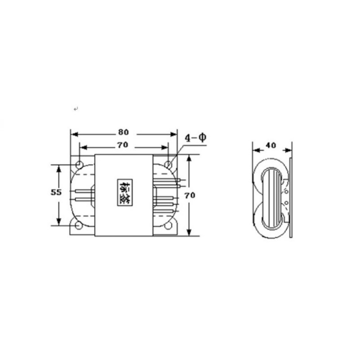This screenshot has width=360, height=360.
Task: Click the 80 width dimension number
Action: tap(123, 132)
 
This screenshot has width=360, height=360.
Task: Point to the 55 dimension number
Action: tap(56, 192)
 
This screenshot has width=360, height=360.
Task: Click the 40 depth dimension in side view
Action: tap(270, 145)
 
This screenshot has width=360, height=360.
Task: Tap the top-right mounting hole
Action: tap(168, 164)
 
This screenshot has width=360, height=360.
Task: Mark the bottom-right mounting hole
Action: tap(168, 226)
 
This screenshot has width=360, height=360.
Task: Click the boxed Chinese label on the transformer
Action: tap(123, 193)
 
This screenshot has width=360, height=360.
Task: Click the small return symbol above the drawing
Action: tap(76, 109)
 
